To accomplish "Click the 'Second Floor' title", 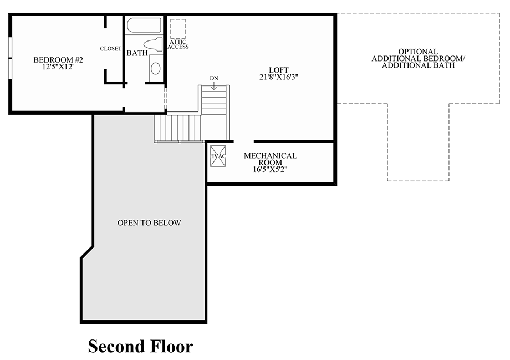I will point(140,346).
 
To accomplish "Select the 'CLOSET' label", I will point(110,49).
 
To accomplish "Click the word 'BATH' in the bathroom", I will point(136,53).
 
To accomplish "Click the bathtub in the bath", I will point(144,26).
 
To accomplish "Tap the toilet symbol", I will point(152,44).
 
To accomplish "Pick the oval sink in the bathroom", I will point(155,69).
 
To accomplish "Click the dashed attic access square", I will point(178,29).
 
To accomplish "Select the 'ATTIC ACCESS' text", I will point(178,44).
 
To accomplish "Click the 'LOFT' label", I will point(279,70).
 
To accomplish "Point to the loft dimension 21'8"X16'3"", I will point(279,77).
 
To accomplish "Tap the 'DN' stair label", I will point(214,78).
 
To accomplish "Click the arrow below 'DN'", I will point(214,85).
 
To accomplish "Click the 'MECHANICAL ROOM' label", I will point(270,159).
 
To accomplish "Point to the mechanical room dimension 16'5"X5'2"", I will point(270,170).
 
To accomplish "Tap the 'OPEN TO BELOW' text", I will point(149,222).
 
